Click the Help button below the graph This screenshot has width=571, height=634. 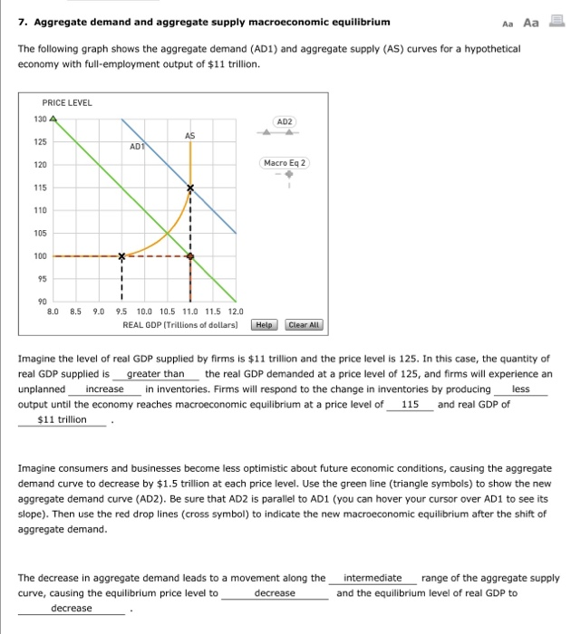click(x=265, y=324)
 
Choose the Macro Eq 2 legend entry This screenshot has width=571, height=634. click(x=284, y=164)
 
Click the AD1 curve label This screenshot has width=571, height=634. click(x=138, y=145)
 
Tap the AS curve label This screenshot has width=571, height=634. click(x=189, y=136)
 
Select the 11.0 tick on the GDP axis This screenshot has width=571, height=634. click(x=189, y=312)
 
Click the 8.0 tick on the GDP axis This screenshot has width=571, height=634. click(x=53, y=312)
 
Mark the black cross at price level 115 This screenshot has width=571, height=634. click(x=190, y=188)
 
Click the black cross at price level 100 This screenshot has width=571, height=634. click(x=121, y=256)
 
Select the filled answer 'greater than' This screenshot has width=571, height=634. click(x=156, y=374)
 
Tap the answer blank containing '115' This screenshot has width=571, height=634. click(x=410, y=405)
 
